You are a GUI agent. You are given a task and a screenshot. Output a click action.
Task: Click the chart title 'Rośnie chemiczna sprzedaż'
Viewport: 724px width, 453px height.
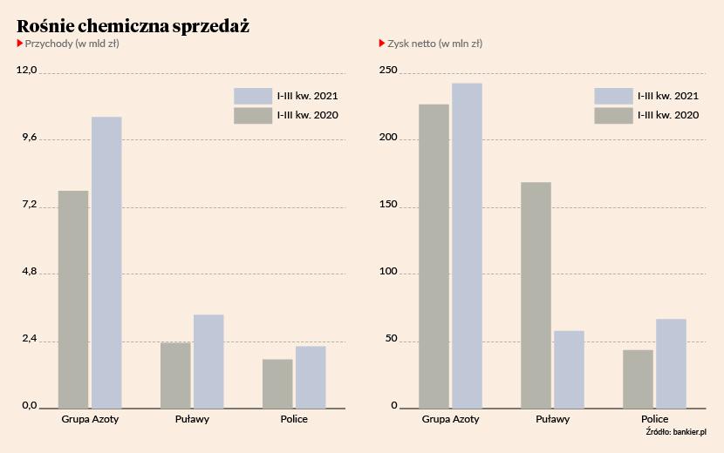click(x=133, y=26)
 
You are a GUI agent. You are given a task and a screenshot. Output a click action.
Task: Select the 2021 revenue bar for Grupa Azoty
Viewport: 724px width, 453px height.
click(x=106, y=262)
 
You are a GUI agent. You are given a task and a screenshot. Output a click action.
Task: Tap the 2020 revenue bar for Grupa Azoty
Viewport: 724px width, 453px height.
click(x=73, y=299)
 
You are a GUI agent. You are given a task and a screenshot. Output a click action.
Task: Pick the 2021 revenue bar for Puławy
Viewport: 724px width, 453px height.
click(x=208, y=361)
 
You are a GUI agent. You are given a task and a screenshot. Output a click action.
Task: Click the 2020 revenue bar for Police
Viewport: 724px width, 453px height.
click(x=277, y=383)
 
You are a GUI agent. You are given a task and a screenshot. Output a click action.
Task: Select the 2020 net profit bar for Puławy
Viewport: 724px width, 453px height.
click(x=536, y=294)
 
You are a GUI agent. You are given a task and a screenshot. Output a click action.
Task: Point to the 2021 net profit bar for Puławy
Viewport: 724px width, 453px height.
click(x=569, y=369)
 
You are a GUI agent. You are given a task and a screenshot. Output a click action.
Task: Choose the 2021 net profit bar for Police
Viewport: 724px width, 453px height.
click(x=671, y=363)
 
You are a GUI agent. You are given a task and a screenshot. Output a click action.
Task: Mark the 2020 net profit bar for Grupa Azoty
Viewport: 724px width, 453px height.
click(x=434, y=256)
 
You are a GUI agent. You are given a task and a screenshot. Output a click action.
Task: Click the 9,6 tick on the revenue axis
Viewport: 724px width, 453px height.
click(x=28, y=139)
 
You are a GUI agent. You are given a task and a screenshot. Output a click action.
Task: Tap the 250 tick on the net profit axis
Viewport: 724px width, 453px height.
click(x=387, y=71)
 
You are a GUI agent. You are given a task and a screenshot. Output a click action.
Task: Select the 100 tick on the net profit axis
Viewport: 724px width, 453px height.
click(x=387, y=273)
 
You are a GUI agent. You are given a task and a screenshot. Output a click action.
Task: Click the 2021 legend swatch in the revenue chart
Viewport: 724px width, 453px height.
click(x=253, y=96)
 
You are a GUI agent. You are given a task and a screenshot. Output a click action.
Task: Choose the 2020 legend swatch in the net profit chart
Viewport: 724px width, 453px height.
click(x=613, y=115)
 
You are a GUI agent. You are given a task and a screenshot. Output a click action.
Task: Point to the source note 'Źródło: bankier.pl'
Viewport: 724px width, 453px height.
click(x=675, y=431)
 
